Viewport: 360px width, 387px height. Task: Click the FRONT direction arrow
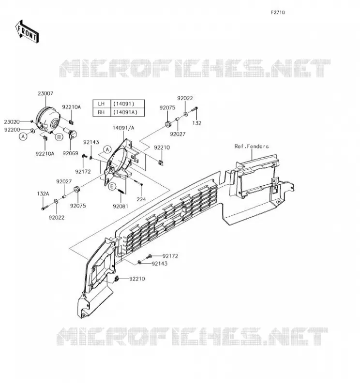pos(27,32)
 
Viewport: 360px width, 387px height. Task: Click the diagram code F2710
pos(278,13)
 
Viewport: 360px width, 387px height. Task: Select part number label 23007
pos(45,93)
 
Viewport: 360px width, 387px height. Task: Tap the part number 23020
pos(12,122)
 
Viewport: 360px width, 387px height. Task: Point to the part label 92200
pos(12,130)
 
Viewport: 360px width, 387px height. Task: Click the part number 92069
pos(70,153)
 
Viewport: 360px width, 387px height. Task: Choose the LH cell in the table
pos(102,104)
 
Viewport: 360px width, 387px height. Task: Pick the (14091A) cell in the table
pos(127,112)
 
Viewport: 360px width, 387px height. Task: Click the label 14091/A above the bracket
pos(123,128)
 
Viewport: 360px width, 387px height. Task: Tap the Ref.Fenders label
pos(252,147)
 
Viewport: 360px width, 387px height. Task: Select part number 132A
pos(43,194)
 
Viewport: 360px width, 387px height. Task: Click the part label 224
pos(141,199)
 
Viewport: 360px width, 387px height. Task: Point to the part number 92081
pos(120,207)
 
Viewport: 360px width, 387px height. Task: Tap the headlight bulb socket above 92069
pos(73,134)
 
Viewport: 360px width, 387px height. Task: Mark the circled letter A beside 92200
pos(23,136)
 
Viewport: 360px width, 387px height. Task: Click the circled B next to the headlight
pos(59,137)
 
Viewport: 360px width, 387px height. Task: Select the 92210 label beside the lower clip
pos(137,279)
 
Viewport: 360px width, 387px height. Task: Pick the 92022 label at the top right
pos(185,98)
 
